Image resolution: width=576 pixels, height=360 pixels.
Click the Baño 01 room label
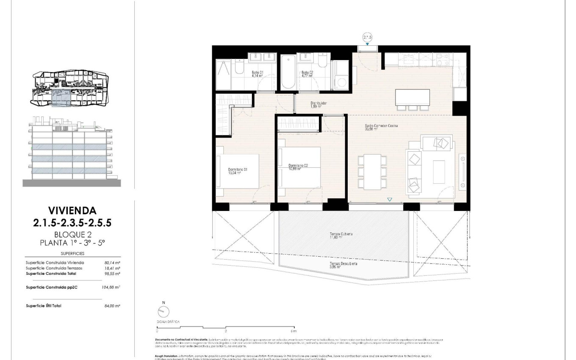(258, 75)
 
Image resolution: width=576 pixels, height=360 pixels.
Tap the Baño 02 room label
(307, 75)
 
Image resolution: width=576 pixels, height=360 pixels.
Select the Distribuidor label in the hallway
(318, 105)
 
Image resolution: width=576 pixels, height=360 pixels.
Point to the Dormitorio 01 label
(237, 171)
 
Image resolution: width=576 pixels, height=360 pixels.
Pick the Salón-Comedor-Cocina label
(381, 127)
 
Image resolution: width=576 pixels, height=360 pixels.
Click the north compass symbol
(163, 311)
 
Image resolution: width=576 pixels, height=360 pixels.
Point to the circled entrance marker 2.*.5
(367, 37)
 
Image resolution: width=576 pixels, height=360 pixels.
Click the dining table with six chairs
(372, 172)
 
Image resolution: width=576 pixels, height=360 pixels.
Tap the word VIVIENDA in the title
(72, 210)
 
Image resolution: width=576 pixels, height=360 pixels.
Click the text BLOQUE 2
(72, 235)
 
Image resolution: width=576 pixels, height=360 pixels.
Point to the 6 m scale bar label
(294, 331)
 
